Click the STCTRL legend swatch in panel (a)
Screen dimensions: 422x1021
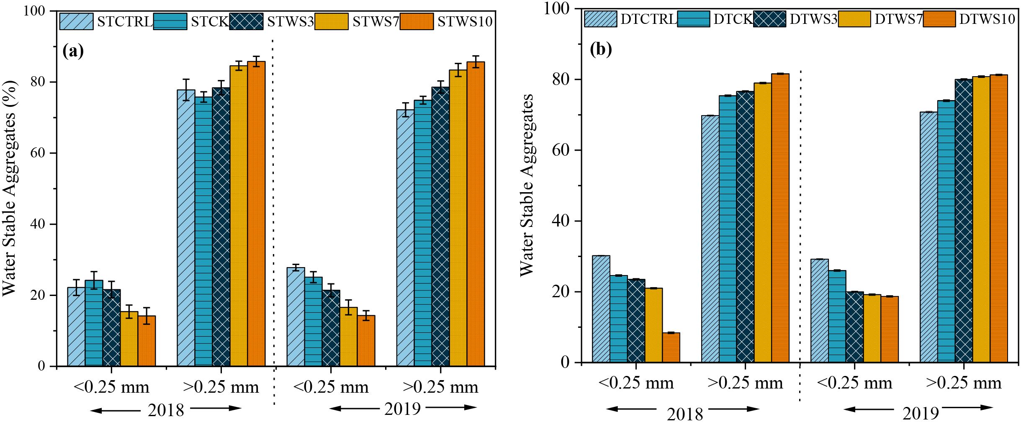pyautogui.click(x=76, y=21)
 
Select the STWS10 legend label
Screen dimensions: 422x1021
pyautogui.click(x=465, y=21)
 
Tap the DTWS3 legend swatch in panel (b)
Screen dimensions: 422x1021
pyautogui.click(x=769, y=19)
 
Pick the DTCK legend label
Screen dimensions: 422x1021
pyautogui.click(x=733, y=19)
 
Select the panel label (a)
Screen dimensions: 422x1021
pyautogui.click(x=73, y=51)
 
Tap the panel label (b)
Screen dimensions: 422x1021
pyautogui.click(x=601, y=49)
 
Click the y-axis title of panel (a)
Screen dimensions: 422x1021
pyautogui.click(x=10, y=188)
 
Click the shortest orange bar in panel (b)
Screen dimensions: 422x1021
pyautogui.click(x=671, y=347)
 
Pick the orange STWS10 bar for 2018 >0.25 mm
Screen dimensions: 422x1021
pyautogui.click(x=256, y=214)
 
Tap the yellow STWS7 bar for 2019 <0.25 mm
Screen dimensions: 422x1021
pyautogui.click(x=348, y=337)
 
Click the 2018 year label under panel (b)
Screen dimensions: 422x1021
pyautogui.click(x=685, y=414)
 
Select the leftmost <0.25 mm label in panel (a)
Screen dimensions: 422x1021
pyautogui.click(x=111, y=387)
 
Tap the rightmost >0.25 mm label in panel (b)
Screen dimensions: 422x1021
pyautogui.click(x=963, y=383)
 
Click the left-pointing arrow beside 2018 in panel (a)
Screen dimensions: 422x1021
pyautogui.click(x=115, y=410)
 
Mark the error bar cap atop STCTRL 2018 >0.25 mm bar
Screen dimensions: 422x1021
pyautogui.click(x=186, y=79)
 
